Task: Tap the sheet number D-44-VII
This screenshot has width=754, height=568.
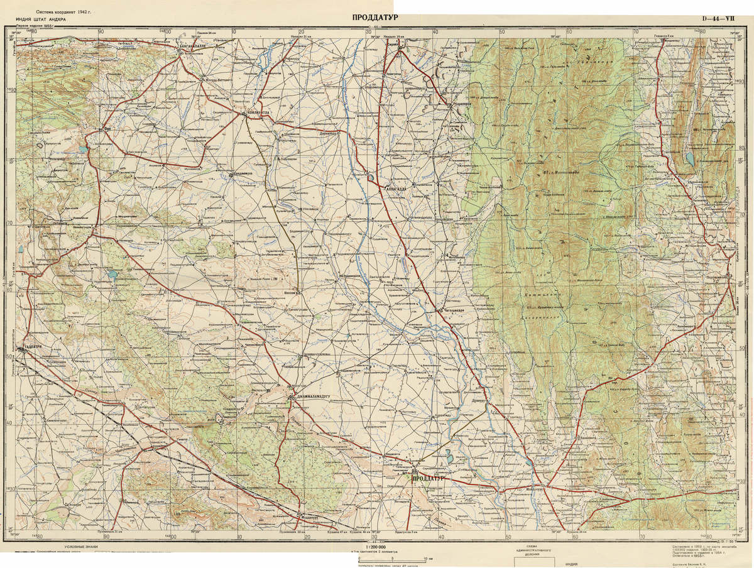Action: coord(718,18)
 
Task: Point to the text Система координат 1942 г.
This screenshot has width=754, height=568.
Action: coord(63,12)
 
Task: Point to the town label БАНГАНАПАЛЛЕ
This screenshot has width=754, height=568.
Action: coord(201,46)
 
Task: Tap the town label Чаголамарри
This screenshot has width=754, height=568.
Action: coord(454,310)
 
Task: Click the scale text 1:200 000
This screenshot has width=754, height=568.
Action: coord(372,548)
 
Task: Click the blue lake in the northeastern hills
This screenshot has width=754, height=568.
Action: coord(690,158)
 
